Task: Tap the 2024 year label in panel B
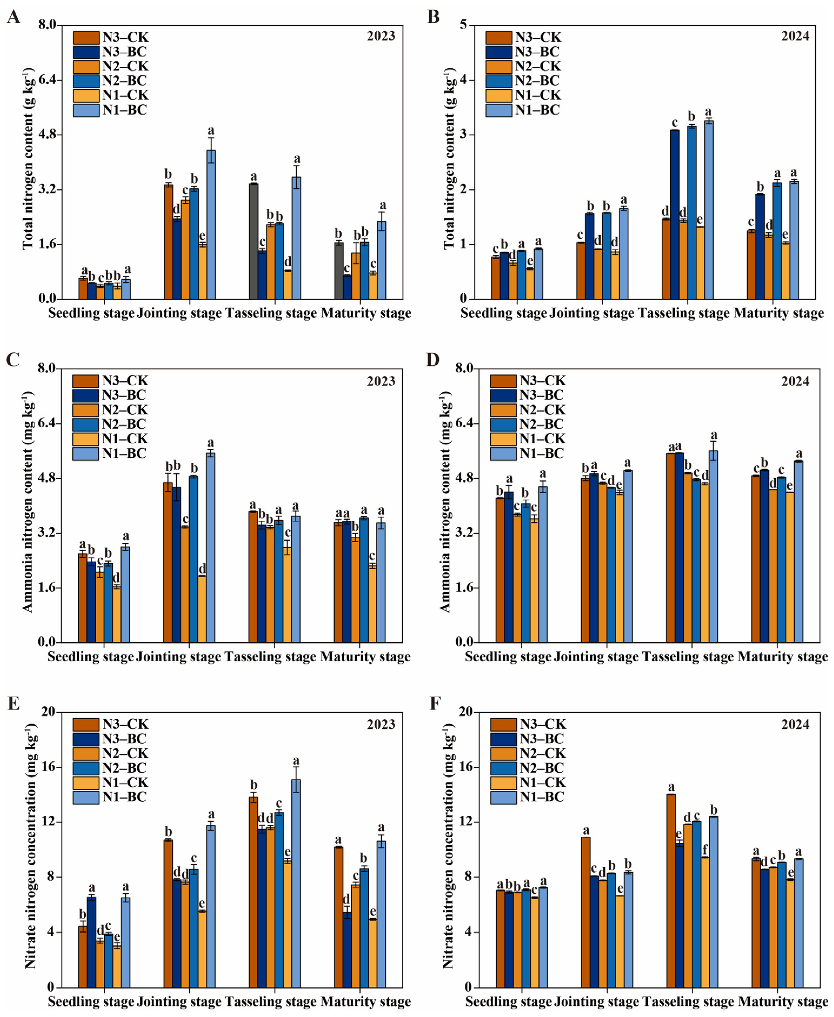pos(795,36)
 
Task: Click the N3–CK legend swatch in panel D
pos(503,381)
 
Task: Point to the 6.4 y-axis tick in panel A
pos(47,80)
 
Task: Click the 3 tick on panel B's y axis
pos(464,134)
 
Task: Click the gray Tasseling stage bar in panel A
pos(254,241)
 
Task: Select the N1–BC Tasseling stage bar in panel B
pos(709,209)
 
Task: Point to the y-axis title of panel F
pos(447,849)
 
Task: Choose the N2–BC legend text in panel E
pos(124,768)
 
